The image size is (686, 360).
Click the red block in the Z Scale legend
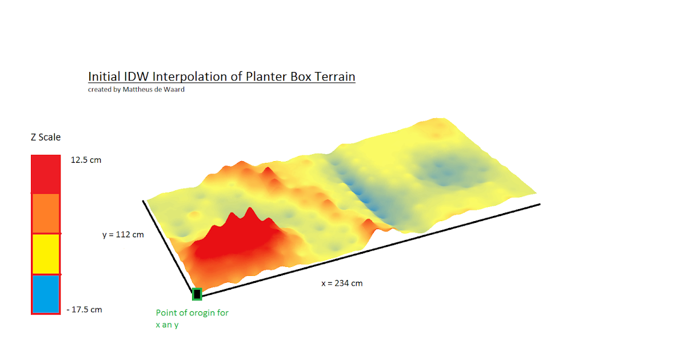(46, 174)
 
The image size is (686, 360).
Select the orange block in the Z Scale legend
(46, 213)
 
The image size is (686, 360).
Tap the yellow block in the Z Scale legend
(46, 254)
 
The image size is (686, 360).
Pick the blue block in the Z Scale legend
(46, 294)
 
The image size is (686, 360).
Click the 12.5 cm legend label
(86, 160)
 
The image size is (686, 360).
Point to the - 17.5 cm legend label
(84, 310)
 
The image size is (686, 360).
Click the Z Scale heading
(46, 137)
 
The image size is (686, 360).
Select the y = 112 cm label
(123, 234)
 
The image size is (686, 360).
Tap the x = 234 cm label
(342, 283)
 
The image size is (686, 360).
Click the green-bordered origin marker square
(197, 294)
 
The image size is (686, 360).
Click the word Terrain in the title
(334, 77)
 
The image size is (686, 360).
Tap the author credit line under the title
(136, 89)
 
